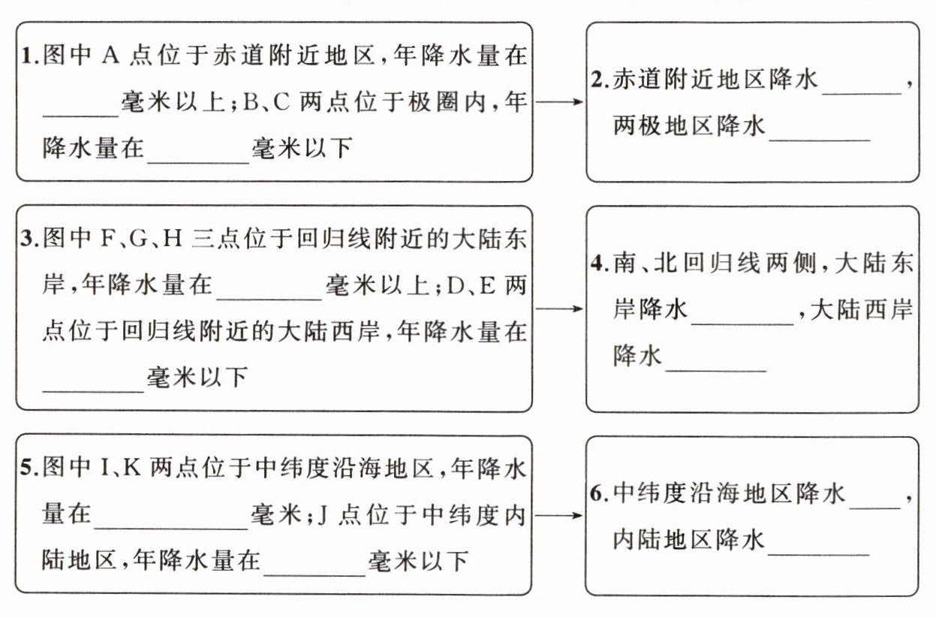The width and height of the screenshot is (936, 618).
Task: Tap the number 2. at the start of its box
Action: pos(599,80)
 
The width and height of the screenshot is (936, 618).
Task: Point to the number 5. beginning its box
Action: pos(29,470)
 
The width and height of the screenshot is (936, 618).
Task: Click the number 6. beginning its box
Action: pos(598,494)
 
